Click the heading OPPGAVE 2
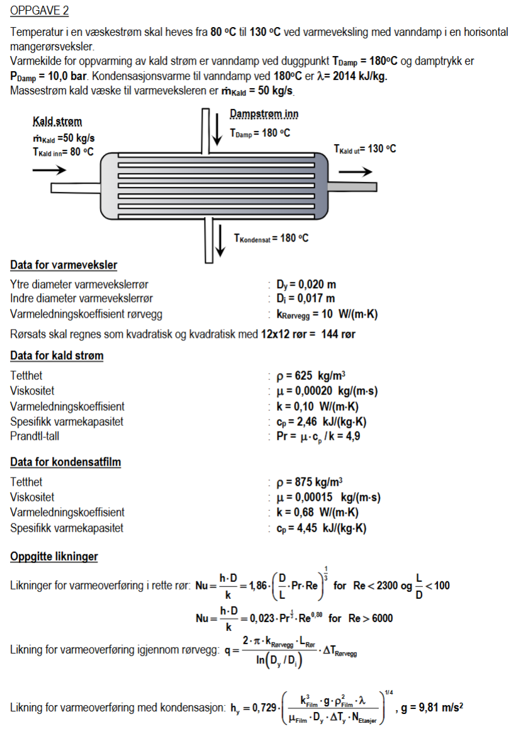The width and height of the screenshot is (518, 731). click(x=40, y=11)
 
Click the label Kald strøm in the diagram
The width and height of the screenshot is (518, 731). click(x=57, y=121)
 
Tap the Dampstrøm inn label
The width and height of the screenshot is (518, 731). click(x=264, y=114)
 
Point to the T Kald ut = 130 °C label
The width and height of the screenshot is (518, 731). click(x=364, y=148)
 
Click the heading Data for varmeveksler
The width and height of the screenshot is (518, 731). click(x=64, y=265)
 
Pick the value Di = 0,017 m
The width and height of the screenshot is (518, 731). click(x=306, y=298)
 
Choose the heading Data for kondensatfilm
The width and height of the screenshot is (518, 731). click(x=65, y=462)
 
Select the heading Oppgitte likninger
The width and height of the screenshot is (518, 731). click(x=53, y=557)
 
